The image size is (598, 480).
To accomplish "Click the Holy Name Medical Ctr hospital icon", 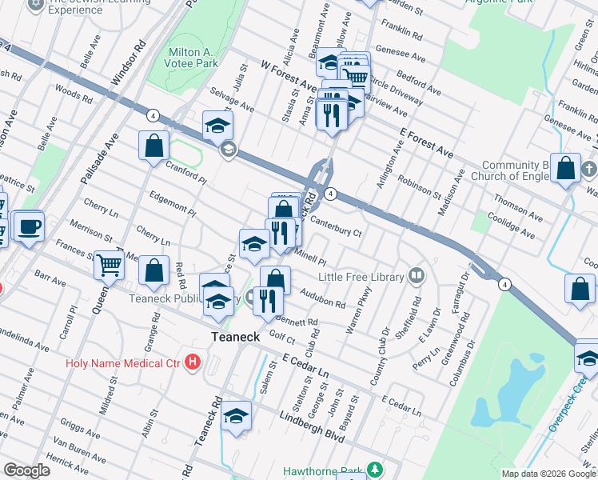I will [x=192, y=362].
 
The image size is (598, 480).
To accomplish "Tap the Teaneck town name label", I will [x=235, y=338].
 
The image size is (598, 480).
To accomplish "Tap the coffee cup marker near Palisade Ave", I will [x=30, y=226].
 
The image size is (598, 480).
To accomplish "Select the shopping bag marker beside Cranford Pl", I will [x=154, y=146].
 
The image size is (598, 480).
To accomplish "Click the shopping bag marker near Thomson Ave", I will [x=566, y=169].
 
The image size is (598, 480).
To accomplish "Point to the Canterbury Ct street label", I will [x=336, y=228].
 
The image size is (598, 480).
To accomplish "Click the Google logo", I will [x=26, y=470].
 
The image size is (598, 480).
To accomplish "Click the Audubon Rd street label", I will [x=323, y=298].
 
